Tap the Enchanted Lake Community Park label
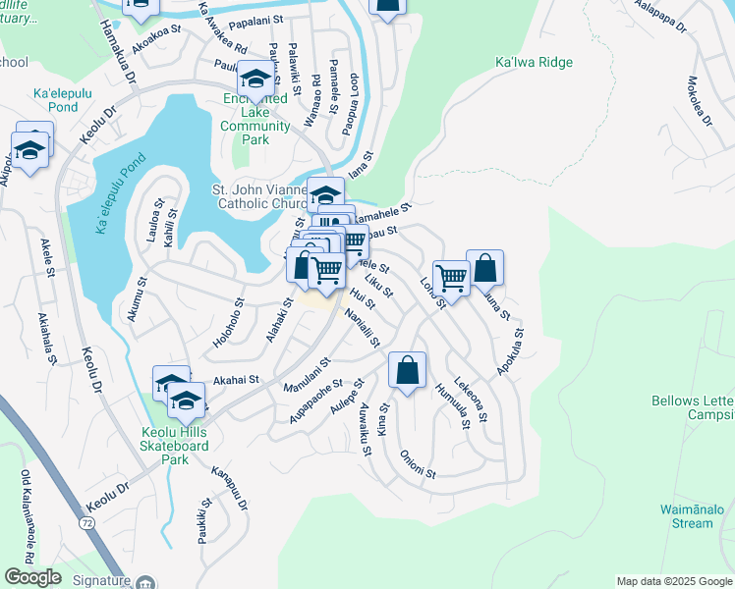click(x=255, y=119)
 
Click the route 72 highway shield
click(x=88, y=525)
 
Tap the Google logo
click(x=32, y=577)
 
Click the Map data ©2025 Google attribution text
click(x=673, y=581)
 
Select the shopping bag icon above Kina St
click(x=407, y=371)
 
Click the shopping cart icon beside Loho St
click(x=451, y=278)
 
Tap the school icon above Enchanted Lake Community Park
click(x=255, y=80)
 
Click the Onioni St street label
click(x=418, y=465)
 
